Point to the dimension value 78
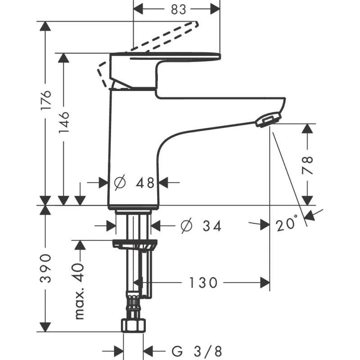tap(307, 165)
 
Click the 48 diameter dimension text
tap(145, 183)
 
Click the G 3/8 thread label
tap(196, 350)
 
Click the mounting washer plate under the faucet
tap(135, 245)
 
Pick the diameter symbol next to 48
tap(120, 183)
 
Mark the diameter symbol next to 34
tap(186, 226)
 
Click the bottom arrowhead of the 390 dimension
tap(45, 327)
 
